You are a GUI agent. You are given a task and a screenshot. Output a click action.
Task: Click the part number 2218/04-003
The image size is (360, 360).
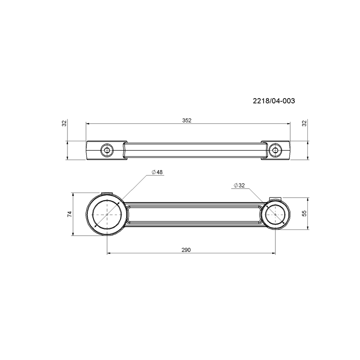pos(274,101)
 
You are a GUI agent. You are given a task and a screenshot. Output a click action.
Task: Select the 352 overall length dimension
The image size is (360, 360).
pos(187,121)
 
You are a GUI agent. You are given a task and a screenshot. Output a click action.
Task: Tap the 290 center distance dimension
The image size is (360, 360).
pos(186,250)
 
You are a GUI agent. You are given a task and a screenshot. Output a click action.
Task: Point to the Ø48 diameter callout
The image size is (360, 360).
pos(157,172)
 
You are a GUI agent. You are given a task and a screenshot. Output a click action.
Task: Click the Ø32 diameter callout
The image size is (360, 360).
pos(239,185)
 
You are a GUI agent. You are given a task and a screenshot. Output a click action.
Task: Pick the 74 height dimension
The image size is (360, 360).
pos(70,214)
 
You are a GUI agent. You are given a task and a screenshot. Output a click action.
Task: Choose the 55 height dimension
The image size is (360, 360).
pos(305,213)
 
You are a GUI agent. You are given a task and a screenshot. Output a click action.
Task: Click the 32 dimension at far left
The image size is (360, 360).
pos(64,123)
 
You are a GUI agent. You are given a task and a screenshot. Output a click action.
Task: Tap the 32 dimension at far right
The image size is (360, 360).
pos(305,123)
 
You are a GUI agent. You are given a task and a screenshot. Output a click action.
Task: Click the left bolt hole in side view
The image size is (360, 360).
pos(107,150)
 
